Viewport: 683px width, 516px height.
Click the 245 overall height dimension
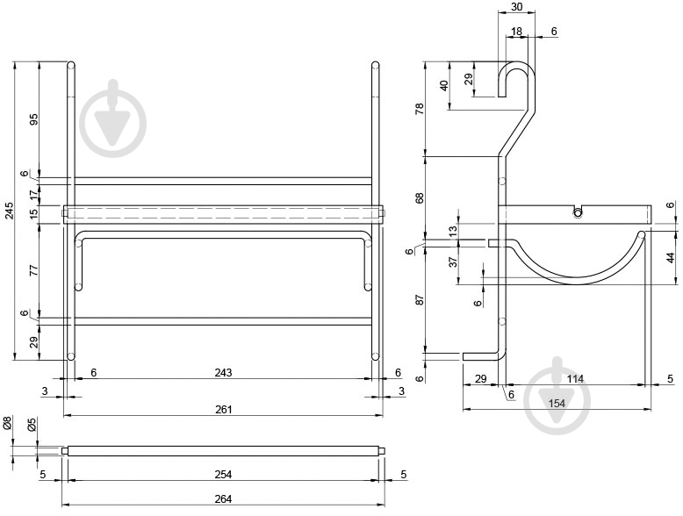tap(9, 211)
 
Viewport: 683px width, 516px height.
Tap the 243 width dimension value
tap(224, 373)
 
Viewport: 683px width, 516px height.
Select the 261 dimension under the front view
tap(224, 410)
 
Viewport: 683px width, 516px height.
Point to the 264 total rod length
tap(224, 499)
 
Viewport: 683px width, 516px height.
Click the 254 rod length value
tap(224, 474)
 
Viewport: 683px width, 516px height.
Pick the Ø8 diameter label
tap(7, 423)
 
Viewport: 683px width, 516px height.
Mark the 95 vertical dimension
tap(34, 119)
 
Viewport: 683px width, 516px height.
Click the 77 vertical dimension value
tap(34, 270)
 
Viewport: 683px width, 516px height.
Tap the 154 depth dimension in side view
tap(557, 404)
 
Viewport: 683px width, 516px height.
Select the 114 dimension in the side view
tap(575, 379)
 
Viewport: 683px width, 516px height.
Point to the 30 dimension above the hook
tap(516, 7)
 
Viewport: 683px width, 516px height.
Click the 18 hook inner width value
tap(516, 32)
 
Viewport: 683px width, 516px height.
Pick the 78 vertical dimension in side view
tap(420, 109)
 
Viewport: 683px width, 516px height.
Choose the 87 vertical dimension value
tap(420, 300)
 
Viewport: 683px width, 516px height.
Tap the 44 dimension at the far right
tap(672, 258)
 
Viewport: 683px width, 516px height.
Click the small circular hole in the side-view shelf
tap(578, 213)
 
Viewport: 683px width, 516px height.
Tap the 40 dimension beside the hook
tap(444, 85)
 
